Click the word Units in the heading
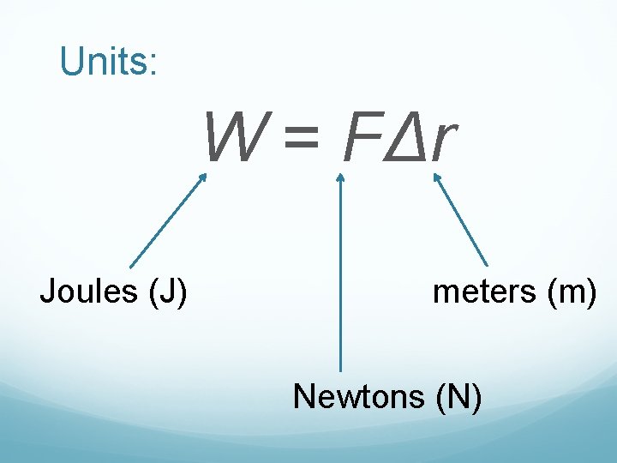[103, 61]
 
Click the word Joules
[90, 292]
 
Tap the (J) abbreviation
[168, 292]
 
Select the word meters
[484, 292]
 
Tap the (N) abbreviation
[458, 397]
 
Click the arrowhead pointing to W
[203, 178]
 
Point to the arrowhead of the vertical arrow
[340, 177]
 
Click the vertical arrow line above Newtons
[340, 274]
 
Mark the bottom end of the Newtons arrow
[340, 369]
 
